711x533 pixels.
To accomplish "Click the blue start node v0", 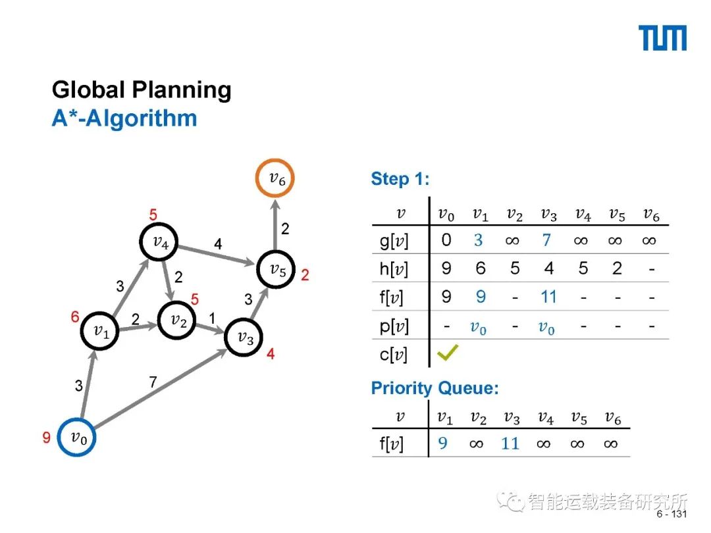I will point(78,437).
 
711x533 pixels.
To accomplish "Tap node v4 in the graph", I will point(160,242).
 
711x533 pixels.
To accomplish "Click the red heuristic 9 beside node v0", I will point(47,438).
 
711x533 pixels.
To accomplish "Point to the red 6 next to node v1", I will point(76,317).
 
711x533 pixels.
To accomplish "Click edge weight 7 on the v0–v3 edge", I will point(153,382).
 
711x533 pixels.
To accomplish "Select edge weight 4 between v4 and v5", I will point(218,245).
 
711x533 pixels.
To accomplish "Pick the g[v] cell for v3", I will point(546,240).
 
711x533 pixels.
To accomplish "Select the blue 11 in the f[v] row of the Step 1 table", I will point(548,297).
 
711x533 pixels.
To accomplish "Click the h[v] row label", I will point(394,269).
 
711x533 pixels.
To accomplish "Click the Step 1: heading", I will point(400,179).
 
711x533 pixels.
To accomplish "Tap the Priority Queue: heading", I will point(434,388).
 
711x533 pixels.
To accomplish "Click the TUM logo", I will point(662,38).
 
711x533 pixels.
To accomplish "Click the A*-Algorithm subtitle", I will point(124,118).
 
